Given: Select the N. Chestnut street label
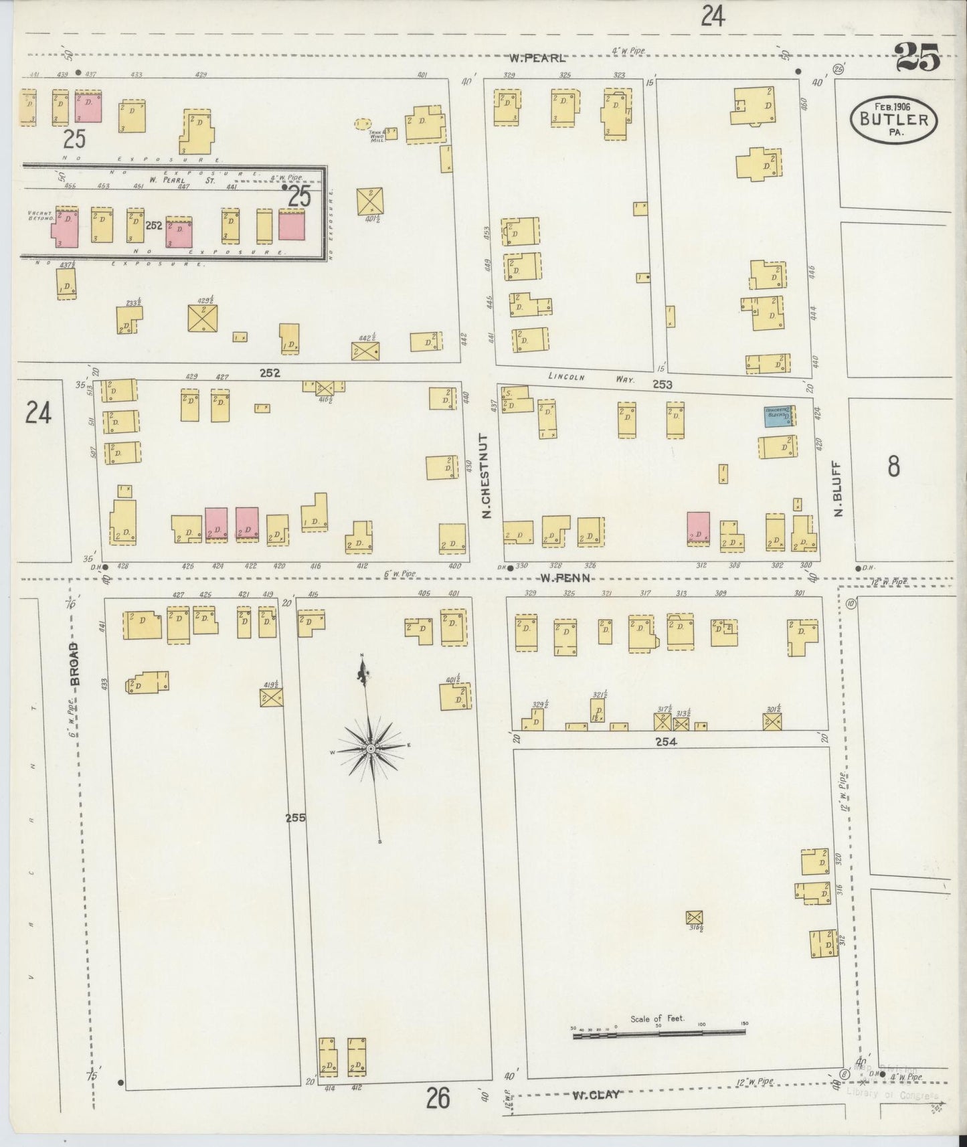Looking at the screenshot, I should click(x=487, y=476).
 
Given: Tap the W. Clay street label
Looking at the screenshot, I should click(x=595, y=1095).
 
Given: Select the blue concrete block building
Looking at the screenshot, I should click(x=779, y=417).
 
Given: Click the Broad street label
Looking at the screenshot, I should click(x=74, y=663).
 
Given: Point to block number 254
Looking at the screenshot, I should click(x=667, y=741).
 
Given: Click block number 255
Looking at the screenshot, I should click(x=295, y=817).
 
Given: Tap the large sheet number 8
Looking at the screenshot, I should click(x=893, y=466).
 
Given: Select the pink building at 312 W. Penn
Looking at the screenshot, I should click(x=698, y=527).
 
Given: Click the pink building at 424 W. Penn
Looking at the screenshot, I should click(x=216, y=523).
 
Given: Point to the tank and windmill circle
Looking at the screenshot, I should click(x=363, y=124).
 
